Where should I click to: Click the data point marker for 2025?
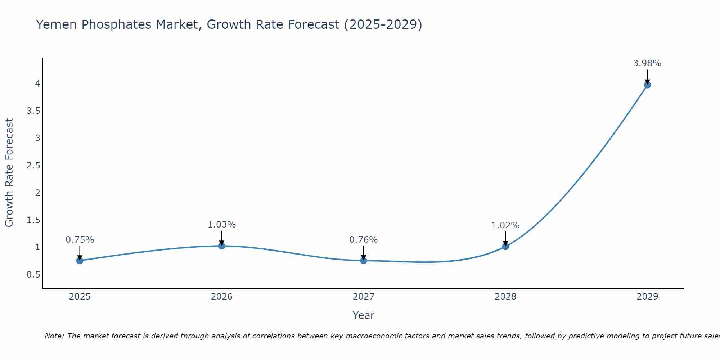click(80, 261)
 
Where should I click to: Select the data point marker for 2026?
click(222, 246)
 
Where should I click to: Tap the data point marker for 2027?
click(364, 260)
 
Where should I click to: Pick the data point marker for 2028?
click(505, 246)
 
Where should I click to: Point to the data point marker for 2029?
click(647, 85)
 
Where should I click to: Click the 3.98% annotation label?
click(647, 63)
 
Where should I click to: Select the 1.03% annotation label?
click(222, 225)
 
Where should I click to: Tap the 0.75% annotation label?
click(80, 240)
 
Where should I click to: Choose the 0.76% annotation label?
click(364, 240)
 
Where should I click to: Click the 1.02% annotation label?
click(505, 225)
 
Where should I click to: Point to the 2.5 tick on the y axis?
click(33, 166)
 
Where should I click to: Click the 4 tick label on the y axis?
click(37, 84)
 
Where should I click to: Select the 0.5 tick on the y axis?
click(33, 275)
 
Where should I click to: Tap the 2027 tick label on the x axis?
click(364, 297)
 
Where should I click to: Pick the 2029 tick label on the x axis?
click(647, 297)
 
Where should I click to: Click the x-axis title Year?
click(364, 315)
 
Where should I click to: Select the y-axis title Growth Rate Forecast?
click(9, 173)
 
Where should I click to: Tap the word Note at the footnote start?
click(54, 336)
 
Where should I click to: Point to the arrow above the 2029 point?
click(647, 76)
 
